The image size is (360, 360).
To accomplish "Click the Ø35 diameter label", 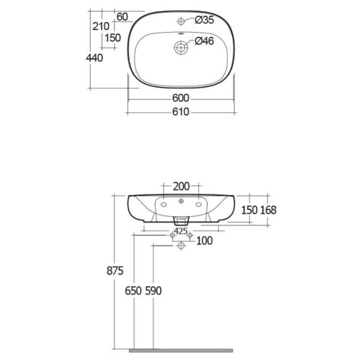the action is click(204, 20).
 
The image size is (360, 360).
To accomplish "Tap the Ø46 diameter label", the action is click(204, 41).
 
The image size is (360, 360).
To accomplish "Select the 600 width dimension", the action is click(181, 98).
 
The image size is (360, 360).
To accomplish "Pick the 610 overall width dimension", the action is click(181, 112).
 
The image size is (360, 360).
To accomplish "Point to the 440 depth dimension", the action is click(94, 58).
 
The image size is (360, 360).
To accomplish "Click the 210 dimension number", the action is click(101, 27).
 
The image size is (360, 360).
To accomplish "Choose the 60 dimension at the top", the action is click(122, 17).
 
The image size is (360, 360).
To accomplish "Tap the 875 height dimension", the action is click(115, 271).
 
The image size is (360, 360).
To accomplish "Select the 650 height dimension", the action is click(133, 291).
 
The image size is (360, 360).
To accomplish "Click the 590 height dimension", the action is click(153, 291).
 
